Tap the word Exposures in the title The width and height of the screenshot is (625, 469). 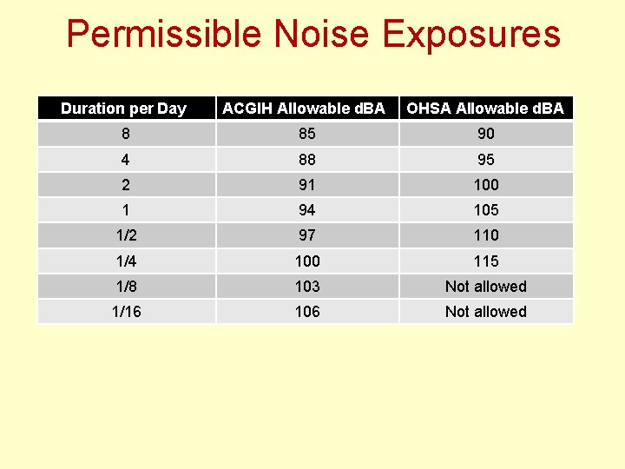click(471, 35)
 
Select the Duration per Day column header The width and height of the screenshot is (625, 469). click(123, 109)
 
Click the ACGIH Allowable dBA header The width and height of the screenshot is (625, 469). click(304, 109)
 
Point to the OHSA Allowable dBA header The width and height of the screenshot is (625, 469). click(485, 109)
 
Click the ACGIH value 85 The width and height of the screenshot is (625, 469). click(307, 134)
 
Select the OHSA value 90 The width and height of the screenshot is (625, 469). click(486, 134)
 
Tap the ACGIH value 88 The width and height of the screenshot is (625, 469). click(307, 160)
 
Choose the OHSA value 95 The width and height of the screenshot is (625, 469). click(486, 160)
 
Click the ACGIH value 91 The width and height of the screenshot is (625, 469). click(307, 185)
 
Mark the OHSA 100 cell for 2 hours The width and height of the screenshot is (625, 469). click(486, 185)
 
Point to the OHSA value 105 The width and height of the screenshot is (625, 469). click(486, 210)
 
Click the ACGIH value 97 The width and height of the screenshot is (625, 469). click(307, 235)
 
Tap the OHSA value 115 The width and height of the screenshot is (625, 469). click(486, 261)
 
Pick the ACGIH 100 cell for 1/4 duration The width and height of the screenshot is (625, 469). click(307, 261)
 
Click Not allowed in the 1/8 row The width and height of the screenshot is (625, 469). click(486, 287)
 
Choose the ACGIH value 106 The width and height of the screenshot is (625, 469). click(307, 312)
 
